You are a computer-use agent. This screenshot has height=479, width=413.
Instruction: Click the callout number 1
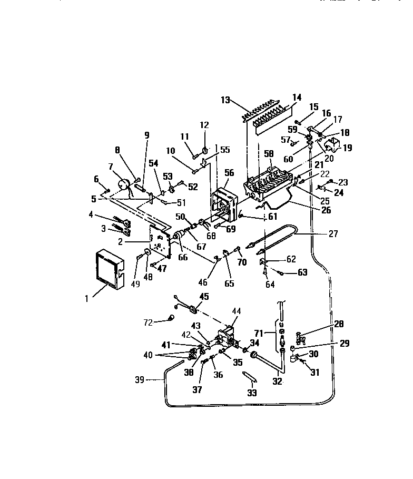(85, 299)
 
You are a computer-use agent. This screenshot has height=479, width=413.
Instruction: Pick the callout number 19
(347, 148)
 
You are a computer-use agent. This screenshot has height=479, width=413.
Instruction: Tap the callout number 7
(111, 167)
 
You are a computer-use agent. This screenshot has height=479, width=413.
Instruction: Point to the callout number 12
(205, 125)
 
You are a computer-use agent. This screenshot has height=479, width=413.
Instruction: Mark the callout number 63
(302, 272)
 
